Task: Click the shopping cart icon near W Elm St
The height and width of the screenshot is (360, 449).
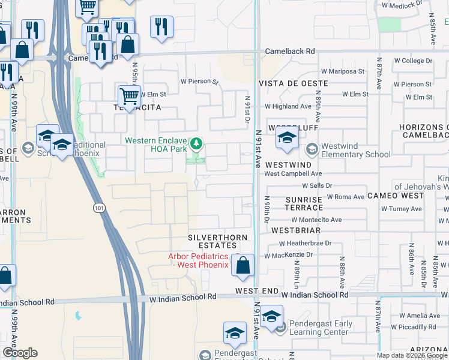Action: pos(129,95)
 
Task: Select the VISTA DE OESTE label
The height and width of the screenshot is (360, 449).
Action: pos(293,83)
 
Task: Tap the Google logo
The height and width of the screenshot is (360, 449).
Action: pos(20,353)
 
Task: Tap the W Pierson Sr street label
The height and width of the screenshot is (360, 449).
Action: pos(196,81)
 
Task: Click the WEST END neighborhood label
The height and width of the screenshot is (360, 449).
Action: pos(257,291)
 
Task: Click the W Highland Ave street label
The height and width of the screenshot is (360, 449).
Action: pos(289,106)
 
